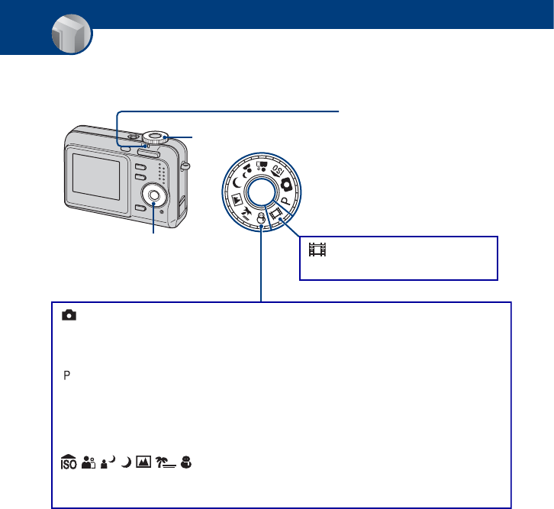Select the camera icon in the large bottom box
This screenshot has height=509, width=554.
69,315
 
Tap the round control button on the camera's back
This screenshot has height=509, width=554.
154,195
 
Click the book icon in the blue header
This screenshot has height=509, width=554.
71,37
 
